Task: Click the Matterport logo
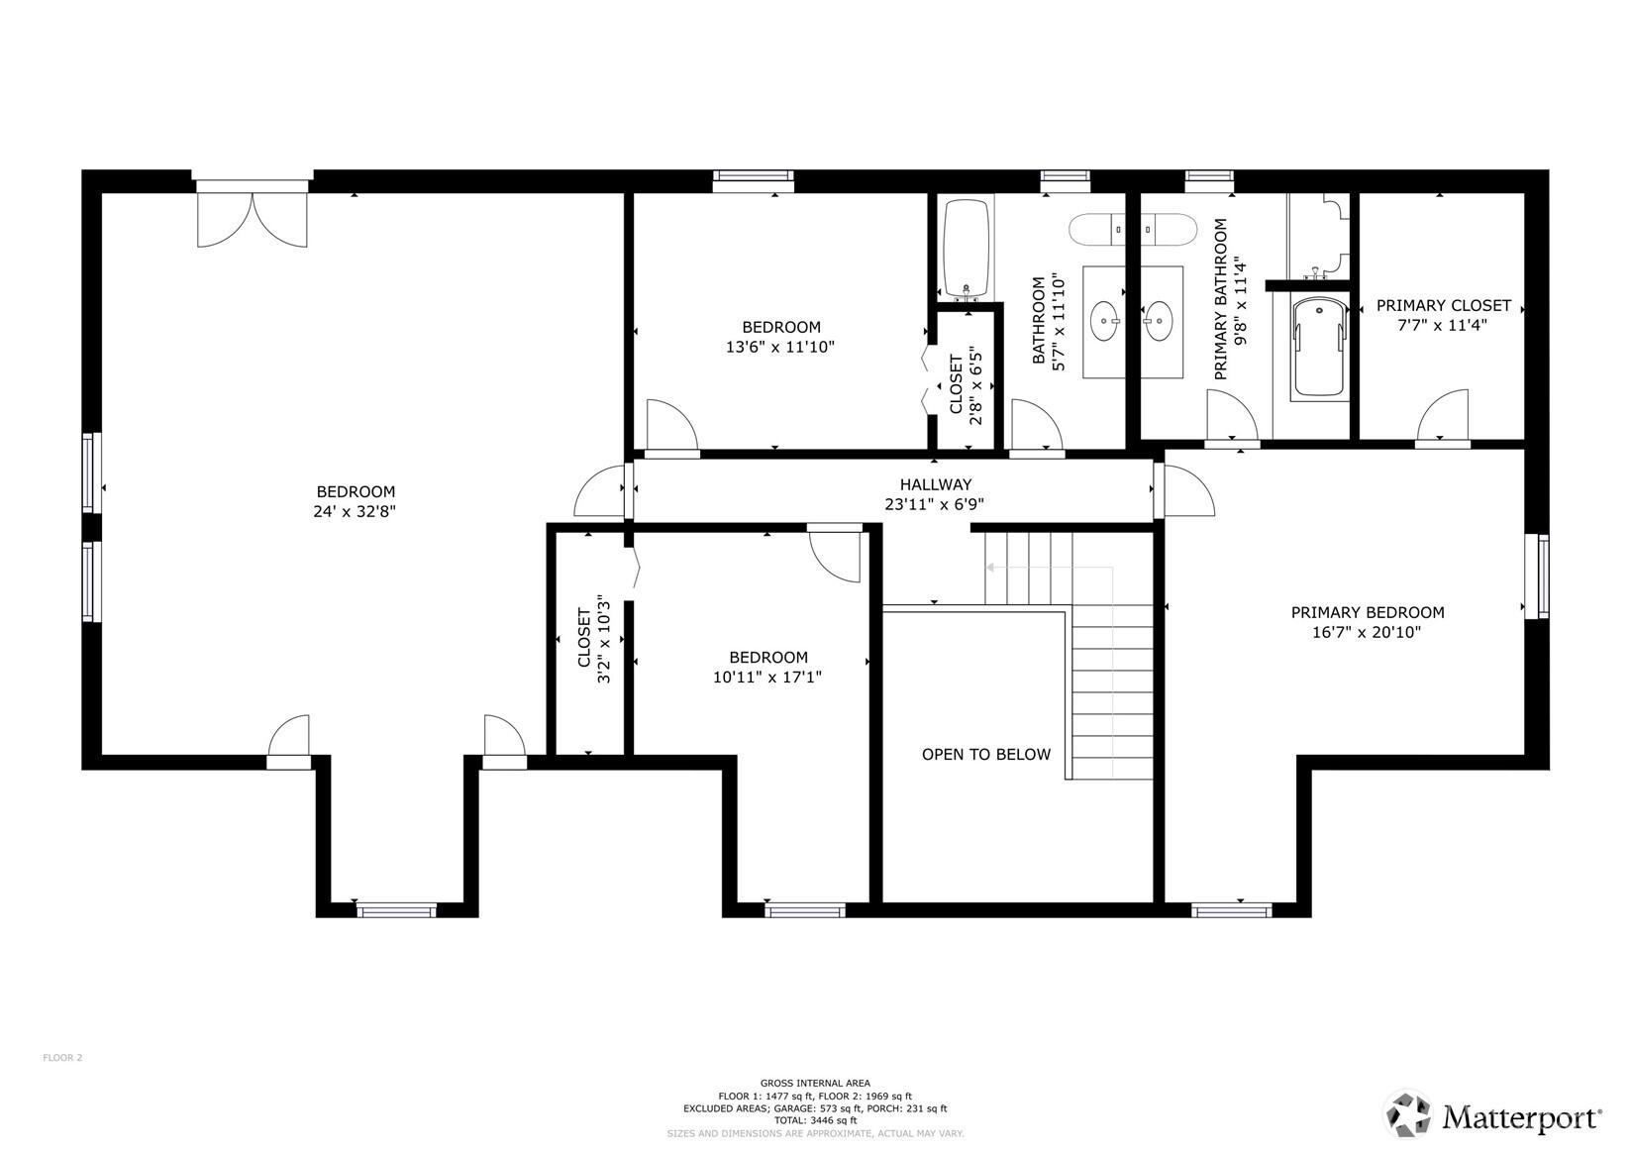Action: point(1492,1116)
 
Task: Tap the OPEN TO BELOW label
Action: point(985,755)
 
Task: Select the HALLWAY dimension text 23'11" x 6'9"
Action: point(934,504)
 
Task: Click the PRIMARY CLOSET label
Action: point(1443,306)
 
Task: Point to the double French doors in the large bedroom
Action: point(253,218)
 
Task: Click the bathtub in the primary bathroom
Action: point(1319,348)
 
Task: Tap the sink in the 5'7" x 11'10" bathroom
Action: point(1104,321)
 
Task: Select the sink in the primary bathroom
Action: point(1158,321)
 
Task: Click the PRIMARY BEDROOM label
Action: point(1367,613)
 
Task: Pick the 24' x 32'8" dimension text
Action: point(355,512)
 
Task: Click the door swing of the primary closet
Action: point(1444,415)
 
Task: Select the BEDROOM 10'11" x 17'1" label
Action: point(767,667)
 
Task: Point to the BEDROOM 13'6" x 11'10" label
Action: point(780,337)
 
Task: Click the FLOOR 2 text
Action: point(62,1058)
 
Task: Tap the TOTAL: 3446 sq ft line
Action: point(815,1120)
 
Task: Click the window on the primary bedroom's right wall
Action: point(1542,576)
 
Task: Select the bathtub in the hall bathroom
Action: point(966,248)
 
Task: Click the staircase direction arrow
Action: point(990,569)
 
